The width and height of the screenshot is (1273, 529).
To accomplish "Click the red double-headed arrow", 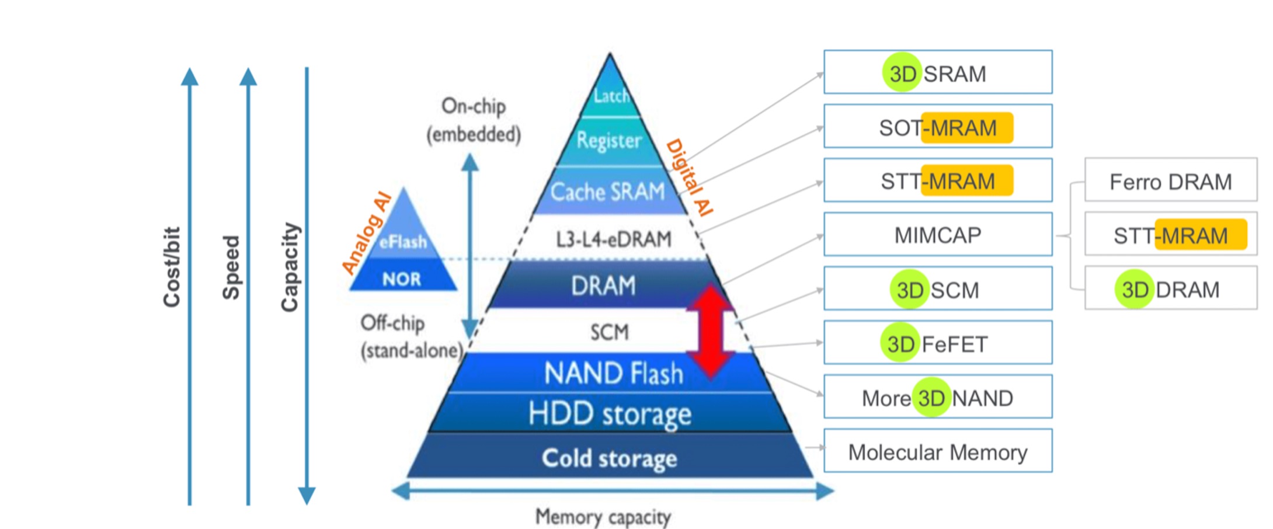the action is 709,332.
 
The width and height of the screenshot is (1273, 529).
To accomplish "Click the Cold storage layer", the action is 610,456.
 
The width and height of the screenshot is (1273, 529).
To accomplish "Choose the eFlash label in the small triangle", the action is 403,241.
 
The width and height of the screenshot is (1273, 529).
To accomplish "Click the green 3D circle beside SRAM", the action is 902,72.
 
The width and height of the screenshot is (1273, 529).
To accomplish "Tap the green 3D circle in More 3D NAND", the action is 931,398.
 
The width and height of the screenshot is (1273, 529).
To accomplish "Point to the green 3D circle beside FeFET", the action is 900,343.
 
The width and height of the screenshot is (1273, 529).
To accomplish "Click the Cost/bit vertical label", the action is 172,267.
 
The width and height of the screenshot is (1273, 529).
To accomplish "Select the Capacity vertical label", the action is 290,267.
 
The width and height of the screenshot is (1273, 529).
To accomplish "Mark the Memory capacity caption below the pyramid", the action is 603,517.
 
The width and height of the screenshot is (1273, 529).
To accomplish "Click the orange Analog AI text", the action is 367,233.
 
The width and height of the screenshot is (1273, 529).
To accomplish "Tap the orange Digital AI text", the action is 690,178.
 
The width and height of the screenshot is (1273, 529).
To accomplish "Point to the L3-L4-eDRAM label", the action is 613,239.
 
